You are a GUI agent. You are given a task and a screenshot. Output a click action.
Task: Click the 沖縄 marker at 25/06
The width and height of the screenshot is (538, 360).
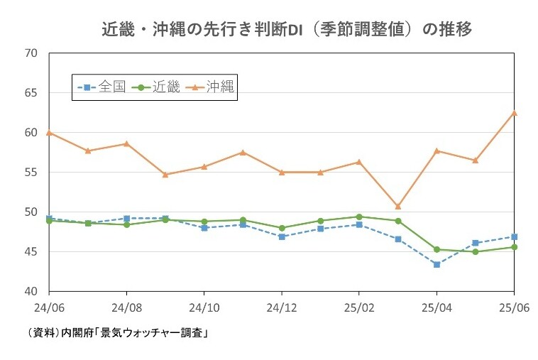[514, 113]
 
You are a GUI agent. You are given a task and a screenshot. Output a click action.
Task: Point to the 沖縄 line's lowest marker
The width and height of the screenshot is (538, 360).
[397, 207]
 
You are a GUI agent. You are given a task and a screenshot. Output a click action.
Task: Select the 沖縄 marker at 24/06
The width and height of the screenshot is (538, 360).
[49, 133]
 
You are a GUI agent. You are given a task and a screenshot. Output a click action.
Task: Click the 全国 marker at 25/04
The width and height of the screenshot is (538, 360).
[437, 265]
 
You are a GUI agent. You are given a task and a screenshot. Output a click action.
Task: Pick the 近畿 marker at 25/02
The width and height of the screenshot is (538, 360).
[359, 217]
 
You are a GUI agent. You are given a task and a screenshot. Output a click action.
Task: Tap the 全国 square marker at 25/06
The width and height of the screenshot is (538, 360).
[514, 236]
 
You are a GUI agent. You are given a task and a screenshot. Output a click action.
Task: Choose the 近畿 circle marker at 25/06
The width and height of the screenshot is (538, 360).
[514, 247]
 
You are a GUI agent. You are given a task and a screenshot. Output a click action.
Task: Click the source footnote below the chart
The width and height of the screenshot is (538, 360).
[118, 332]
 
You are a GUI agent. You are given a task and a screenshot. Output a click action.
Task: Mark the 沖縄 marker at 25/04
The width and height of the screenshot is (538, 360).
[437, 151]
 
